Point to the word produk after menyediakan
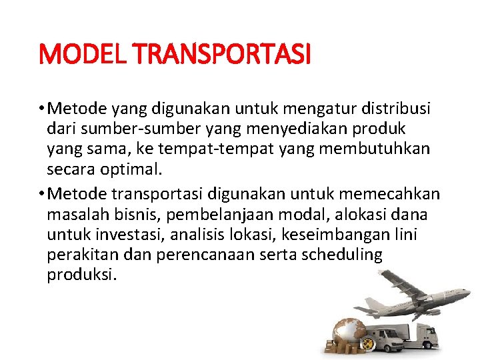tap(382, 128)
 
